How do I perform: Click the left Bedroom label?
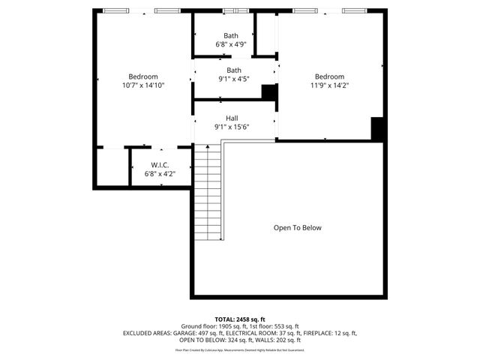point(142,76)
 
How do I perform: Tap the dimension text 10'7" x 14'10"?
point(142,85)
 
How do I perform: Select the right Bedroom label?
point(329,76)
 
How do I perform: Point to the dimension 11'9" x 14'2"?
point(329,85)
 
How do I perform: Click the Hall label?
point(232,118)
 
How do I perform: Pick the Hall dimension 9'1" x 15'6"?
point(232,127)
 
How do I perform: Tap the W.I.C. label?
point(160,165)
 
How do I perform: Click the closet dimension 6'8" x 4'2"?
point(160,174)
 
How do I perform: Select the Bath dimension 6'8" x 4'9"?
point(231,45)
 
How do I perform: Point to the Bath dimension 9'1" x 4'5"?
point(234,79)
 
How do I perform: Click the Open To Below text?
point(297,228)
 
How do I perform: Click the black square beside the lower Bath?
point(268,91)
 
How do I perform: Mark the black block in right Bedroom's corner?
point(378,129)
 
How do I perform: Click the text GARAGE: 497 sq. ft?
point(219,333)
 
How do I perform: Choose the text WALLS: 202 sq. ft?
point(277,340)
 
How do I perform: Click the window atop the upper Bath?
point(236,11)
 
